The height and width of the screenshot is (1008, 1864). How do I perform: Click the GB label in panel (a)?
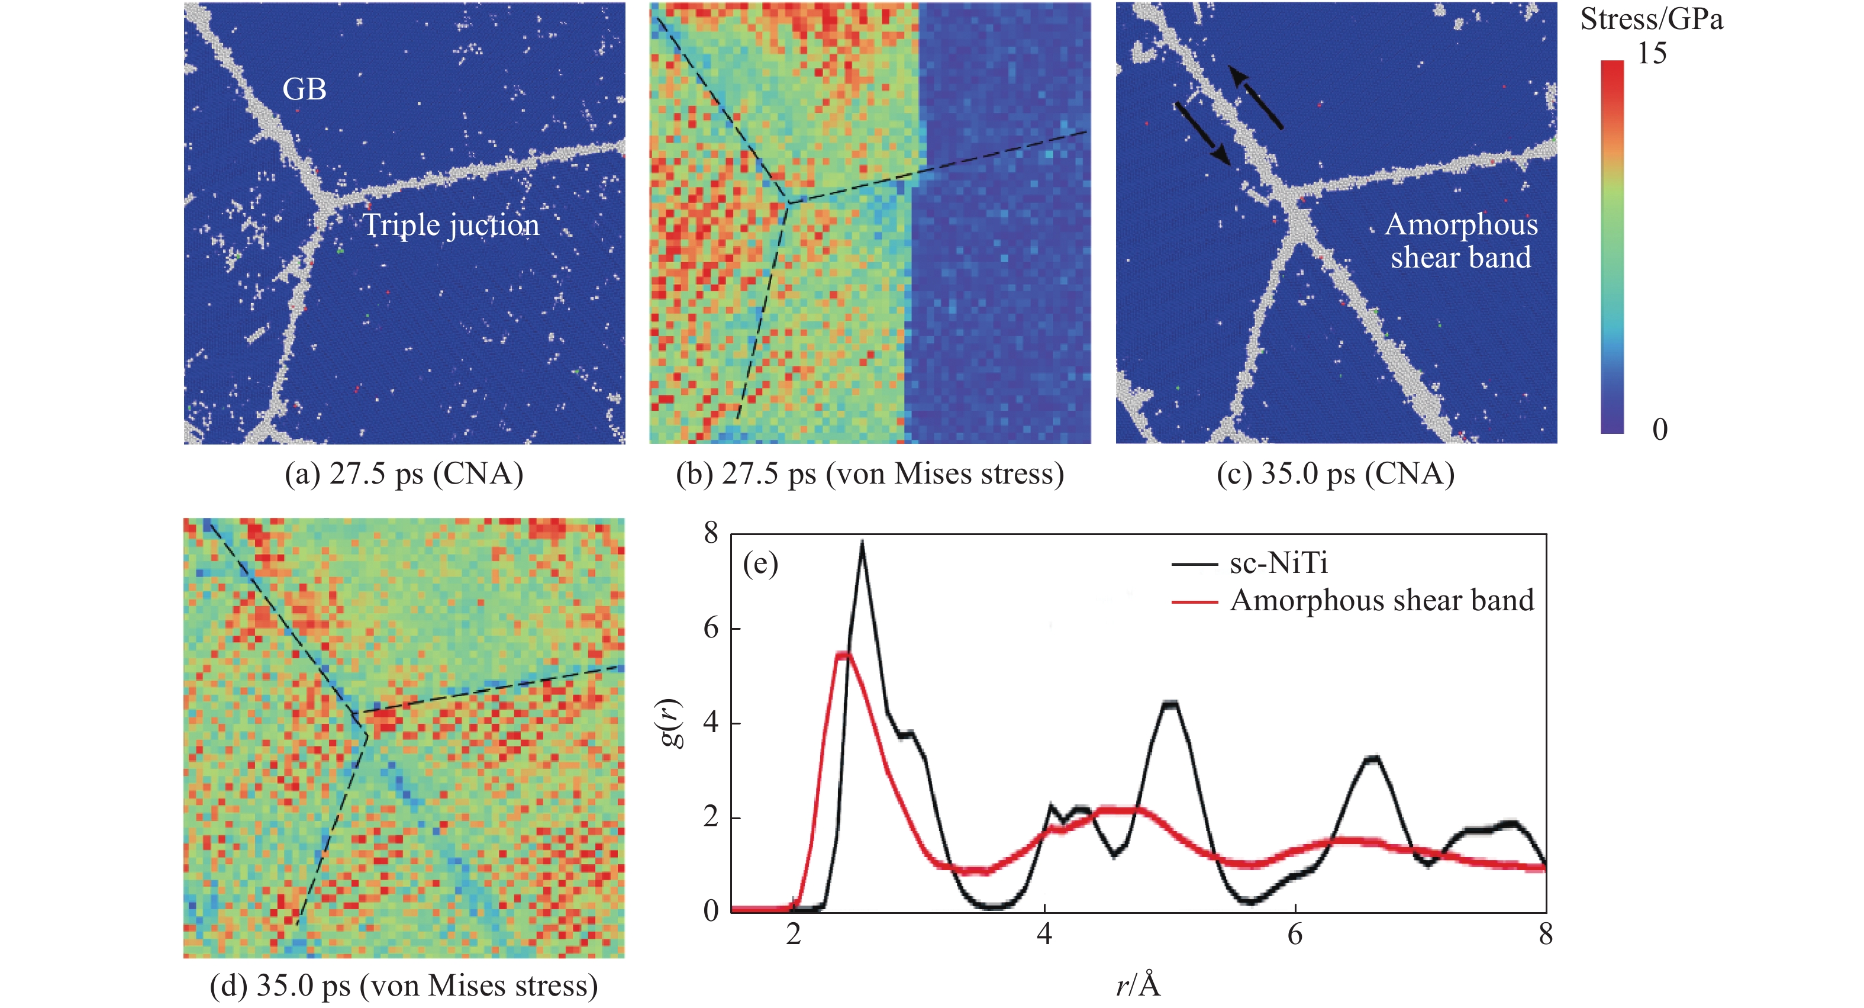[304, 90]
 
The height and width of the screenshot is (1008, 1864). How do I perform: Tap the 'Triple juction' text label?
[451, 225]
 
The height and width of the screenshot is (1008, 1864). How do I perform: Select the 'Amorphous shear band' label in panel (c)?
[1461, 241]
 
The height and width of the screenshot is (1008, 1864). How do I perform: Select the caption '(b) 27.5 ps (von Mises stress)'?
[870, 474]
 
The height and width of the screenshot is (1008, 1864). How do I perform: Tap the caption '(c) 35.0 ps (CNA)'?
[1335, 474]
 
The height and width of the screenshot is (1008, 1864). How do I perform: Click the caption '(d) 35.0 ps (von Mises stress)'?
[404, 986]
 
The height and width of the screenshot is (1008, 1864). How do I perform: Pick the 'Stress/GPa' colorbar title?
[1651, 20]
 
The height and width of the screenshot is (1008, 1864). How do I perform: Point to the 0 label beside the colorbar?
[1660, 429]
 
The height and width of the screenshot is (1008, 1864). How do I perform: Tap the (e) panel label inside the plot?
[760, 563]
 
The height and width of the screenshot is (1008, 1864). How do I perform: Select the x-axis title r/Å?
[1137, 985]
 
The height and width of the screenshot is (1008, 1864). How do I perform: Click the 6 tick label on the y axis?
[711, 628]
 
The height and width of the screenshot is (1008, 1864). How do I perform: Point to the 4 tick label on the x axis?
[1044, 935]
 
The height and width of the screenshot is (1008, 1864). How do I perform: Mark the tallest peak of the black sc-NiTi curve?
[862, 543]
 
